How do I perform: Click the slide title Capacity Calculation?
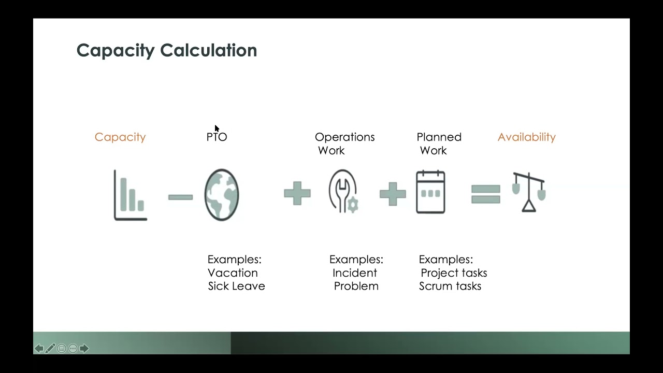(166, 50)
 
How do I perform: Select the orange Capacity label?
(120, 137)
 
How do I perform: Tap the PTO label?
(217, 137)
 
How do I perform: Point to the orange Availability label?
(526, 137)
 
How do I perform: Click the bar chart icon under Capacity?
(131, 195)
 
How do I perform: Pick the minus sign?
(180, 197)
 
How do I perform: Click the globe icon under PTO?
(222, 195)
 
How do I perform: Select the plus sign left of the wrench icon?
(297, 194)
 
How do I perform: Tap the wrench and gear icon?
(343, 192)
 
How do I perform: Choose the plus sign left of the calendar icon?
(393, 194)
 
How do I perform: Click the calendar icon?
(430, 192)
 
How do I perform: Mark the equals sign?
(486, 194)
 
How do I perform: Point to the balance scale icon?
(528, 192)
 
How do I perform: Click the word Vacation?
(233, 273)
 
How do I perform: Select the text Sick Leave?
(236, 286)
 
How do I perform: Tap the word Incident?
(355, 273)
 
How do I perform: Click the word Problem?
(356, 286)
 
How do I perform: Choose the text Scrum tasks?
(450, 286)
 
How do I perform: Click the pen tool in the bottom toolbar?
(50, 349)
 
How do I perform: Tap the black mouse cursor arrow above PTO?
(217, 128)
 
